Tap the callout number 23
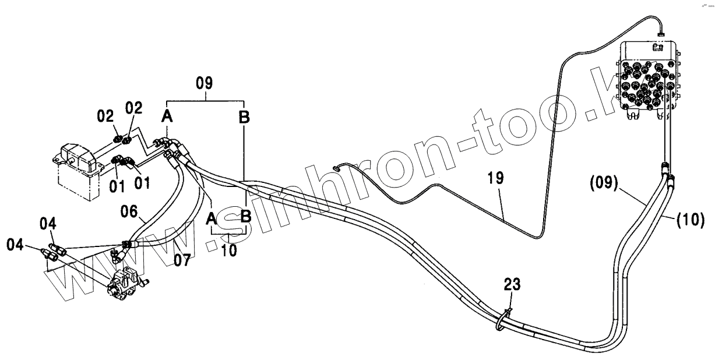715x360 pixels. (x=513, y=285)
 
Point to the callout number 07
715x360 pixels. (x=182, y=260)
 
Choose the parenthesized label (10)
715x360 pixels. (x=691, y=220)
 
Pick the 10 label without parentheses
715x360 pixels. (x=230, y=252)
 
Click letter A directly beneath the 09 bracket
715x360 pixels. (x=167, y=117)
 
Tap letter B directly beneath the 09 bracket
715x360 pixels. (x=244, y=117)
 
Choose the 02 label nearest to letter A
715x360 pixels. (x=134, y=108)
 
